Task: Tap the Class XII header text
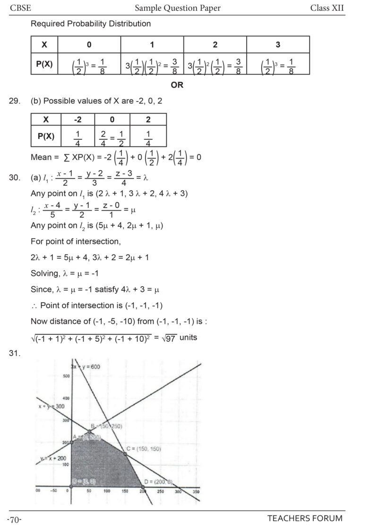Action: [327, 8]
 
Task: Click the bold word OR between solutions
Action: [177, 85]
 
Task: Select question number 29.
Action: [15, 101]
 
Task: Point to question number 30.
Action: [15, 178]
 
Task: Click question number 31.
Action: [15, 352]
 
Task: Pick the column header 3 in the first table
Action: [278, 45]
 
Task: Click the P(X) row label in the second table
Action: [46, 136]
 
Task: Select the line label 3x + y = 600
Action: [86, 366]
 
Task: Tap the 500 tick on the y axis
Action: [66, 376]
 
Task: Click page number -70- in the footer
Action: [15, 519]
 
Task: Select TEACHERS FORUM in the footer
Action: [305, 518]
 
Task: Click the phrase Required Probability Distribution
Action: [91, 23]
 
